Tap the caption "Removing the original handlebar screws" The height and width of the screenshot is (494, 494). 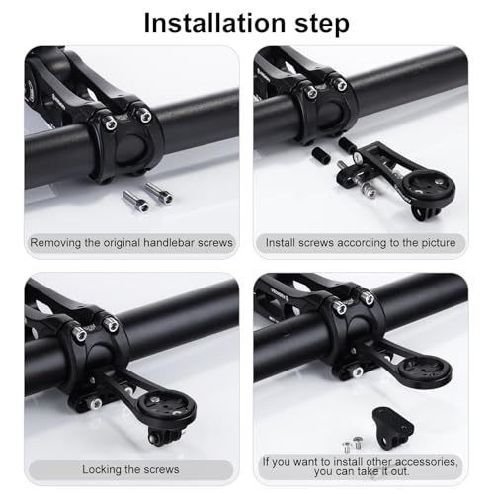pyautogui.click(x=130, y=242)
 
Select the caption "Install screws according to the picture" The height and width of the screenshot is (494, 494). pyautogui.click(x=361, y=242)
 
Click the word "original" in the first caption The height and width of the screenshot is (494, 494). pyautogui.click(x=136, y=242)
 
